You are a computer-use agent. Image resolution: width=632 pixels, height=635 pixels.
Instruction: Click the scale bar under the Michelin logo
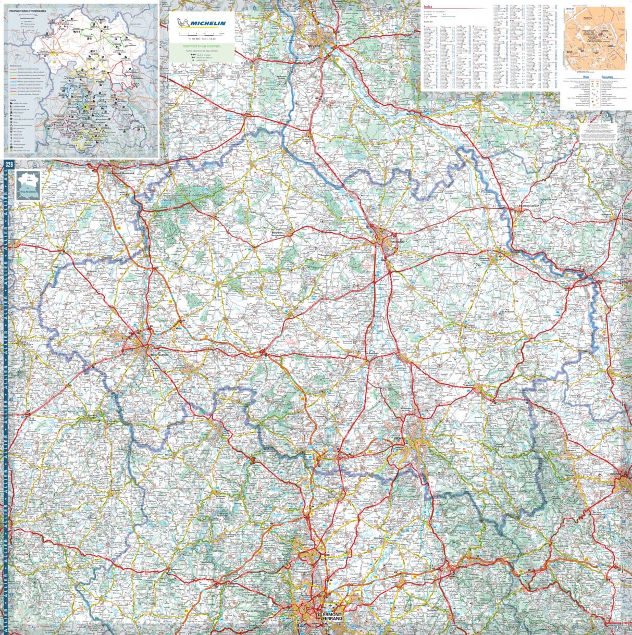click(201, 34)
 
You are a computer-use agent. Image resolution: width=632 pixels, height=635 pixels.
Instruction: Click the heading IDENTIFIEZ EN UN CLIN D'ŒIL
click(201, 47)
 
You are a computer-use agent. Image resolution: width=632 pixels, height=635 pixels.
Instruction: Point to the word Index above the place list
click(428, 7)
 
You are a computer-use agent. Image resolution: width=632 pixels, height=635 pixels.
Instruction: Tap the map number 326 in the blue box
click(8, 165)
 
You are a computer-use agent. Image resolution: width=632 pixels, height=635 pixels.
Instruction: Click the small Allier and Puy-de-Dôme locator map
click(27, 184)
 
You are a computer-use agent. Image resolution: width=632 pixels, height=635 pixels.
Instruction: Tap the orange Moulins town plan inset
click(593, 39)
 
